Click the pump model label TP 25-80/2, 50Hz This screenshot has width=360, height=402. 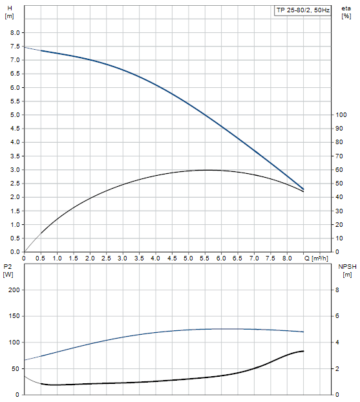[x=303, y=10]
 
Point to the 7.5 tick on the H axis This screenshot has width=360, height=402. [x=15, y=47]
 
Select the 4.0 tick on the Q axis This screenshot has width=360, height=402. [x=155, y=258]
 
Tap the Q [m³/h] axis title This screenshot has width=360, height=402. [x=316, y=259]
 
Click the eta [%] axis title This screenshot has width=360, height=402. [x=346, y=12]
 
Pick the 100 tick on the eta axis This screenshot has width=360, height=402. [x=341, y=115]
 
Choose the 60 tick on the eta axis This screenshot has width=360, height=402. [x=339, y=170]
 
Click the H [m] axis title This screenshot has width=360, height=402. [x=10, y=12]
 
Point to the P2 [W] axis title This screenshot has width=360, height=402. [x=8, y=271]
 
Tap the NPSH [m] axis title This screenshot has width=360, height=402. [x=347, y=271]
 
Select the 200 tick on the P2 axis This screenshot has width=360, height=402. [x=14, y=290]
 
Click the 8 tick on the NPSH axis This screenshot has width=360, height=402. [x=337, y=290]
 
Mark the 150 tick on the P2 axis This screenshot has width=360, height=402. [x=14, y=316]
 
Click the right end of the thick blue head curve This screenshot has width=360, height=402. [x=304, y=189]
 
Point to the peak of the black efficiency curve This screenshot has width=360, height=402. [x=206, y=170]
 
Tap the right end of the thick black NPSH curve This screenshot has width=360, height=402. [x=304, y=351]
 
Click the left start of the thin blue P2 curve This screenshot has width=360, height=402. [x=25, y=360]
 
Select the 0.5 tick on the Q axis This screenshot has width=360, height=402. [x=41, y=258]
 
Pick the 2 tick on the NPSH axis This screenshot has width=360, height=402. [x=337, y=368]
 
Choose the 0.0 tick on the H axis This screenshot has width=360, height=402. [x=15, y=252]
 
